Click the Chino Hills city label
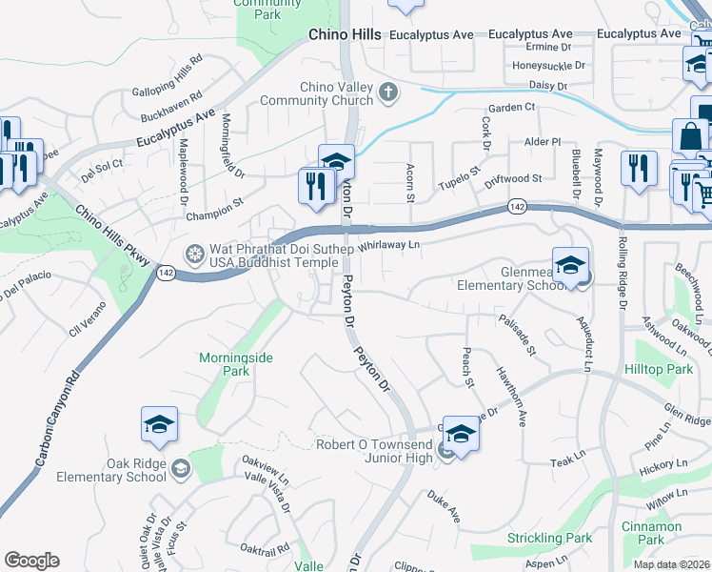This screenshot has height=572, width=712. (x=345, y=34)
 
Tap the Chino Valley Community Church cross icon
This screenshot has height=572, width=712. (x=387, y=92)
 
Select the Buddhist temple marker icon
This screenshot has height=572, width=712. (x=195, y=255)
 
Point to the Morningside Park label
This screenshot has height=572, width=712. (x=235, y=364)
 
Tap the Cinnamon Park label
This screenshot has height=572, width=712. (x=651, y=533)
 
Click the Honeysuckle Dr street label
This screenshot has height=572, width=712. (x=549, y=66)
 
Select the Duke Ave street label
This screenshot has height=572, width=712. (x=444, y=506)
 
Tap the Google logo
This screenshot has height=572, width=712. (x=31, y=561)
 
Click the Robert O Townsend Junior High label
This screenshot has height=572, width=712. (x=374, y=451)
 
